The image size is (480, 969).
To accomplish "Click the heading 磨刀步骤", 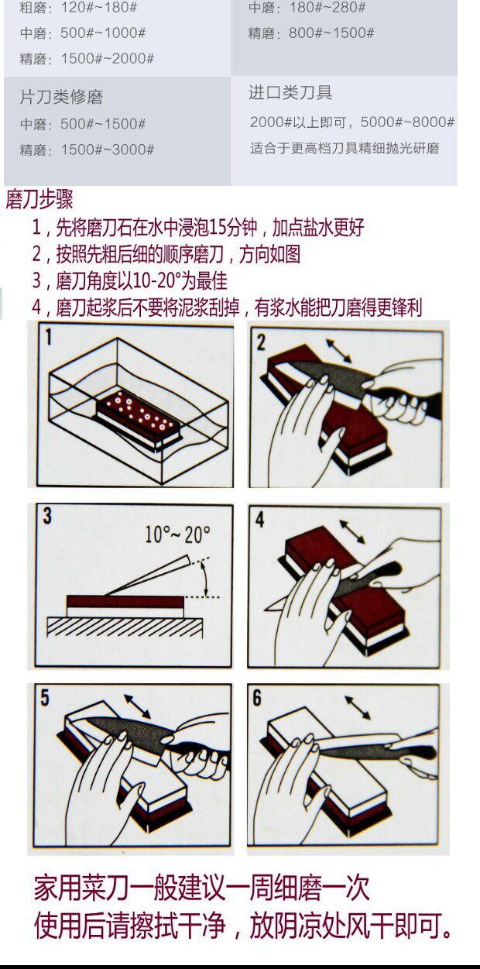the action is tap(39, 200).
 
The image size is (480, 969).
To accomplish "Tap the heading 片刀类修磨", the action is tap(61, 97).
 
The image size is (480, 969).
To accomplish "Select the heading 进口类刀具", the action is tap(290, 93).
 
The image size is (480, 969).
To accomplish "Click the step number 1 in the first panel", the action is tap(48, 337).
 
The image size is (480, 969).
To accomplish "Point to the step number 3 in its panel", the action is tap(48, 515).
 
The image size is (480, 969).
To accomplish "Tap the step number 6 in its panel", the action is tap(257, 697).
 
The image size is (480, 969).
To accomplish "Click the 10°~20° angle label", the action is tap(177, 534).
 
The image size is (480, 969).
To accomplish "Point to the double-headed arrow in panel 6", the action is tap(357, 707).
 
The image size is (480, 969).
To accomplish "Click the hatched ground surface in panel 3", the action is tap(124, 626).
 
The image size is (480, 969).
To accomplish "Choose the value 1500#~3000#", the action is tap(108, 149).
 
